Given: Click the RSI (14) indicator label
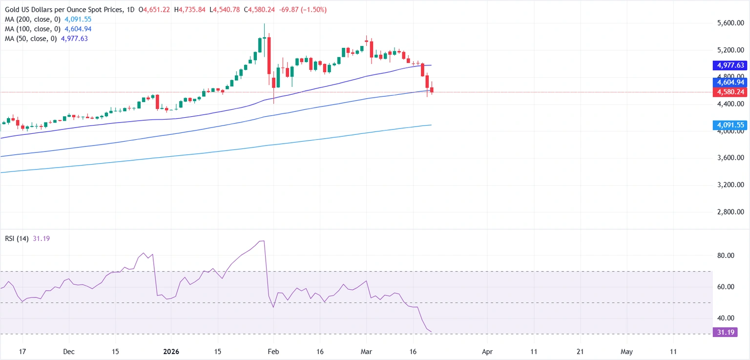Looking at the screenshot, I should pos(17,238).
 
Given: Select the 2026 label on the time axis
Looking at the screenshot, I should pos(171,351).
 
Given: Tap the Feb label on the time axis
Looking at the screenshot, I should pos(273,351).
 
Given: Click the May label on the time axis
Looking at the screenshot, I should pos(627,351).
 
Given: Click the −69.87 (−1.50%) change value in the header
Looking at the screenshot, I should pos(302,10).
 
